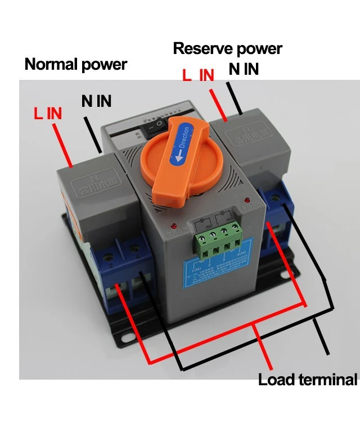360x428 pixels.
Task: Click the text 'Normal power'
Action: tap(75, 64)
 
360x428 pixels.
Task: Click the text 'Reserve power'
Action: tap(227, 48)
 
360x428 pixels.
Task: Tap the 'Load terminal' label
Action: tap(307, 380)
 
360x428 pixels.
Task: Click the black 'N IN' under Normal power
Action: tap(96, 101)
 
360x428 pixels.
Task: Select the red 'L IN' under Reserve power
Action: tap(198, 75)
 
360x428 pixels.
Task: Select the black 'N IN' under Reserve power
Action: tap(244, 69)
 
